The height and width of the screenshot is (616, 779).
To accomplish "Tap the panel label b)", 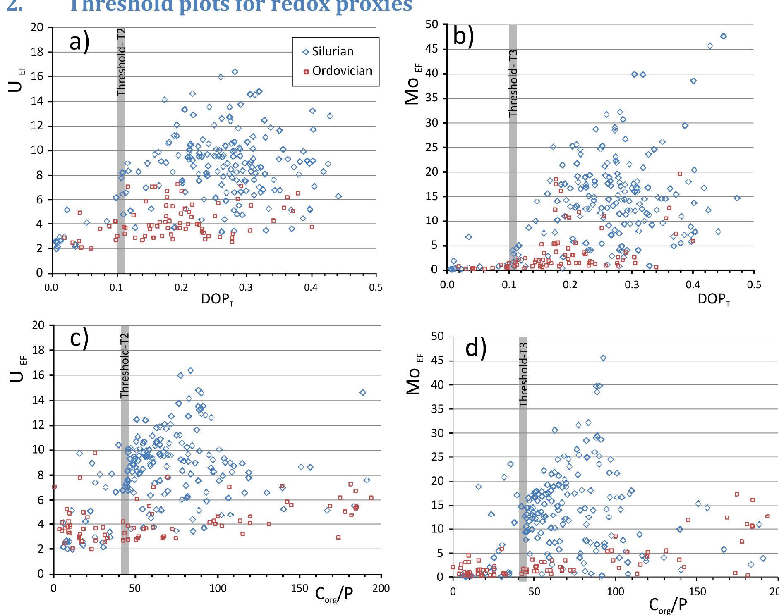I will (463, 36).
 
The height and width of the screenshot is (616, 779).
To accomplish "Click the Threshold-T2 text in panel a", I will (121, 62).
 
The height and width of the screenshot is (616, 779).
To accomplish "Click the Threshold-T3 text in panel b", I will (513, 83).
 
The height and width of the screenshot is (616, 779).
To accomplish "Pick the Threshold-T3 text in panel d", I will (523, 375).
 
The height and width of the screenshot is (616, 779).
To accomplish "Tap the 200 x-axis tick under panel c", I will (381, 588).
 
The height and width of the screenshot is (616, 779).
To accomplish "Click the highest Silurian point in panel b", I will (723, 36).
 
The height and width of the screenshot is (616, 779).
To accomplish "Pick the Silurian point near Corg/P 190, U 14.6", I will (362, 392).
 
